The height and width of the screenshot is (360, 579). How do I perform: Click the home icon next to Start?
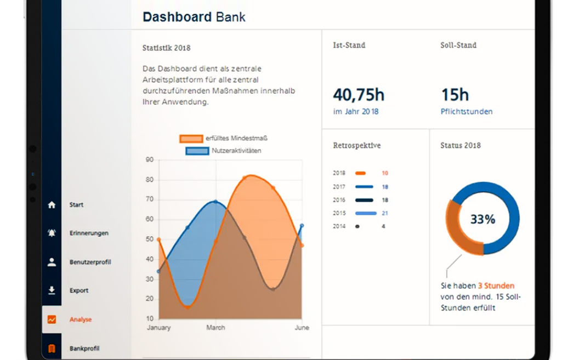[52, 205]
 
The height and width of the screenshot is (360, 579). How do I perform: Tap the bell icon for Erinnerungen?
[52, 233]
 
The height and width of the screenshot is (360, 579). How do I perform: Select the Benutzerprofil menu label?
[90, 262]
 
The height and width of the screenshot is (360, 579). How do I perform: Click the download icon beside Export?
[52, 290]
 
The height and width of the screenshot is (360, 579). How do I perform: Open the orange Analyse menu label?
[81, 319]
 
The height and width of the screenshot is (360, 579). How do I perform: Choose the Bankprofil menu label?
[84, 348]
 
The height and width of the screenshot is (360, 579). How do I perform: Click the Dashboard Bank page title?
[194, 17]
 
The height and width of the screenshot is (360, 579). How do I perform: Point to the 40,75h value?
[359, 95]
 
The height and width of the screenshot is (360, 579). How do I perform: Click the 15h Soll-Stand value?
[455, 95]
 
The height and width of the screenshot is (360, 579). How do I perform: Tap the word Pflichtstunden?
[466, 112]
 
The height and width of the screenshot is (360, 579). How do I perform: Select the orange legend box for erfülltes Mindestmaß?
[191, 139]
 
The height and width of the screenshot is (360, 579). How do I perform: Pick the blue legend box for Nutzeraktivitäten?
[197, 151]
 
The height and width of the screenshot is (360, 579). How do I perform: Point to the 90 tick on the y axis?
[149, 160]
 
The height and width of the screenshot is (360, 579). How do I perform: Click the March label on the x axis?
[215, 328]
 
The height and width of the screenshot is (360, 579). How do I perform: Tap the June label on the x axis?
[302, 328]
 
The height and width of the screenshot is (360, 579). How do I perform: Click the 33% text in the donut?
[483, 219]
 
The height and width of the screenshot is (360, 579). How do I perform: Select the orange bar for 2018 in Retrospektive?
[360, 173]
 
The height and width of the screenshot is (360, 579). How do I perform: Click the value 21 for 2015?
[384, 213]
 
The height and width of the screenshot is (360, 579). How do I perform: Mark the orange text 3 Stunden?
[496, 285]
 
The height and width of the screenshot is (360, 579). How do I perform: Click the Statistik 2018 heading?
[166, 48]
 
